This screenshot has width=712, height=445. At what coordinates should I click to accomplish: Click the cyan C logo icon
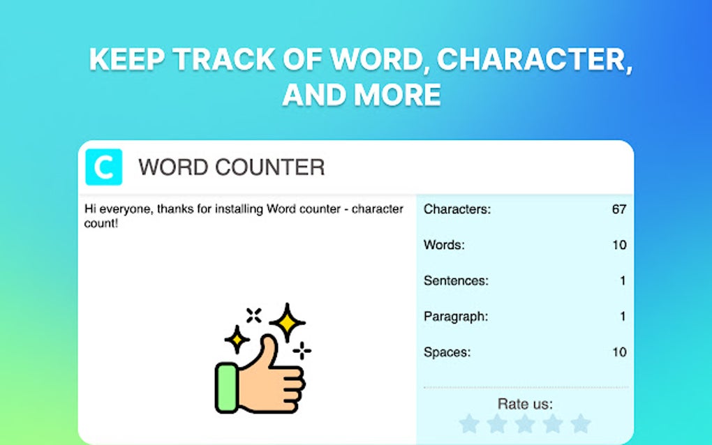(x=103, y=167)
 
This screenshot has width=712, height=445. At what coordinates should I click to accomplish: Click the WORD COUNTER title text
(x=231, y=167)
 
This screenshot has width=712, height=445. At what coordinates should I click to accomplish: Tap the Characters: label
(x=457, y=209)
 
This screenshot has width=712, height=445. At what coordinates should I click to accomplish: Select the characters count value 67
(x=618, y=209)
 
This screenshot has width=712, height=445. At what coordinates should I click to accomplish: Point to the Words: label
(x=444, y=245)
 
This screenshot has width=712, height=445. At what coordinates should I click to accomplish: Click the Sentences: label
(x=456, y=280)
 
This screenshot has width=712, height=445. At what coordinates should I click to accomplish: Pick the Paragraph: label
(x=456, y=316)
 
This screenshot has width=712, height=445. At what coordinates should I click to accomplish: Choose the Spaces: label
(x=447, y=352)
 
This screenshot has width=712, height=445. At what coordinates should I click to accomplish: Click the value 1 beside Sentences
(x=623, y=280)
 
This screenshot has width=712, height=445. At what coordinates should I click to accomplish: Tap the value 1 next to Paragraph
(x=623, y=316)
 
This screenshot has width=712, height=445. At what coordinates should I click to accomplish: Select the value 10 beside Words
(x=618, y=245)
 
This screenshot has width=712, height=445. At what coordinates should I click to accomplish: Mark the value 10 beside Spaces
(x=618, y=352)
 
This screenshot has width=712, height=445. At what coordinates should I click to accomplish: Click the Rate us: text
(x=525, y=404)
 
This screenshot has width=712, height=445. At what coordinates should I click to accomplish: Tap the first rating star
(x=470, y=423)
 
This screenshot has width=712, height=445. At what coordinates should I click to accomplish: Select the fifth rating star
(x=580, y=423)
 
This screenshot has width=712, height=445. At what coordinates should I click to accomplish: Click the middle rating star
(x=525, y=423)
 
